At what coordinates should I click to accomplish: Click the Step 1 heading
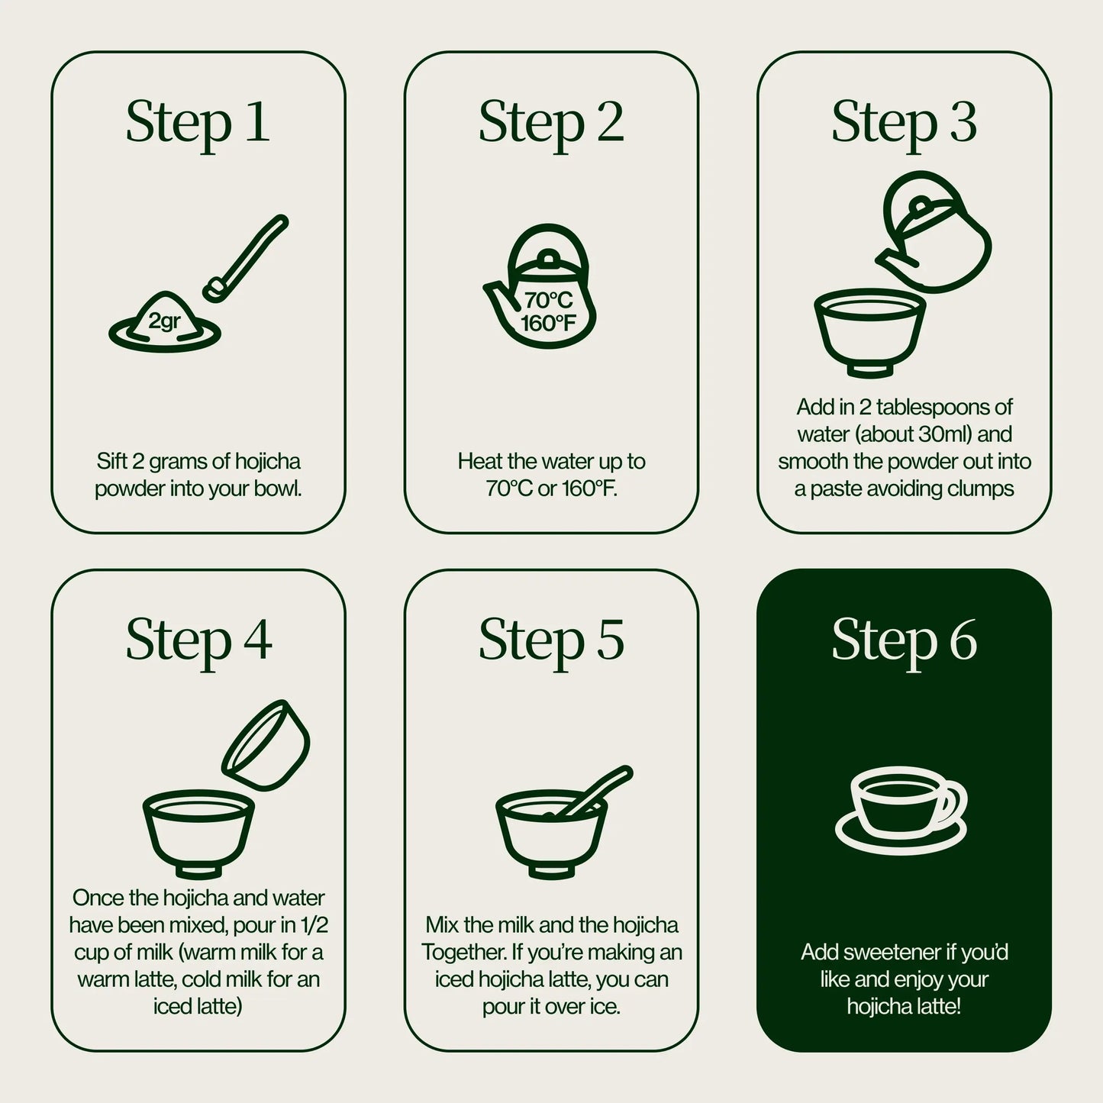point(198,122)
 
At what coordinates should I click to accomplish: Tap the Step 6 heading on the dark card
point(904,640)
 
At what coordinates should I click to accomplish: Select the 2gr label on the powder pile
point(164,321)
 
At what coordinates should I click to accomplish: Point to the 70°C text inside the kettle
point(548,301)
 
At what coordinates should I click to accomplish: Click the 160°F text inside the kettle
point(548,324)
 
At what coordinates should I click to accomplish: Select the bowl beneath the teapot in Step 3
point(870,332)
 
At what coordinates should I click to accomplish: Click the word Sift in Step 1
point(111,461)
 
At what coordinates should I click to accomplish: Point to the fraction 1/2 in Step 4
point(314,925)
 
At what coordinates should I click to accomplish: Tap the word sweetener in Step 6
point(891,953)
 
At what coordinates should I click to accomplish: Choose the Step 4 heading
point(198,640)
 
